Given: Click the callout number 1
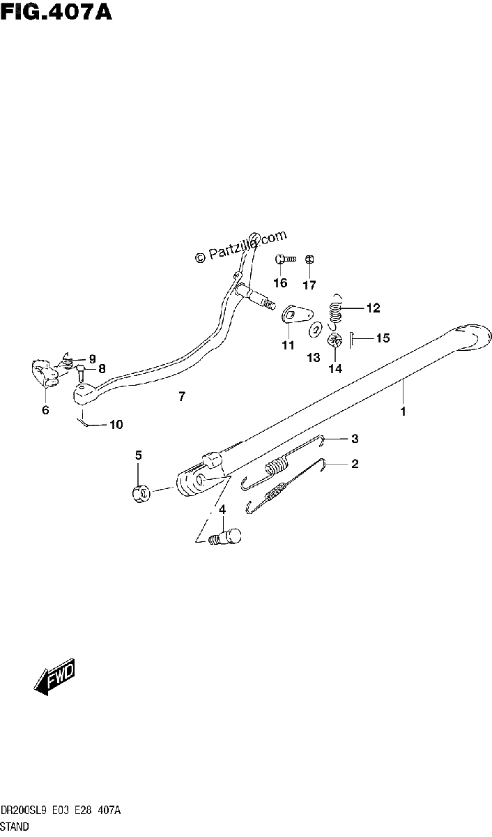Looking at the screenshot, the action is tap(403, 412).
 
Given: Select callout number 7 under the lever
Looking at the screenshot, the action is tap(182, 396).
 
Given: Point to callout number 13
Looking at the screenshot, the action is tap(314, 358).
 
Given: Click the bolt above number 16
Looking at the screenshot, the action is tap(285, 259).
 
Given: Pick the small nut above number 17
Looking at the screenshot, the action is tap(309, 259).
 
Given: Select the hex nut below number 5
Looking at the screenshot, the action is tap(141, 494).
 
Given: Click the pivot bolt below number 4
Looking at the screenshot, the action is tap(224, 536).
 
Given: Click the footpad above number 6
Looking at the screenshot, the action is tap(44, 373).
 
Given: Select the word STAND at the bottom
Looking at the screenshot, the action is tap(14, 826).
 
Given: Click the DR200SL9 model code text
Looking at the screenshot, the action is tap(23, 810).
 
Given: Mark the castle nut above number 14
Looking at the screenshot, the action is tap(335, 340).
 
